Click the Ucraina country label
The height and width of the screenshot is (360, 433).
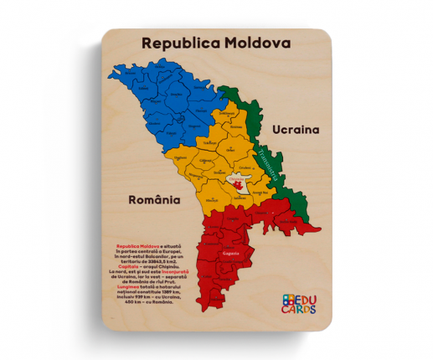pos(296,130)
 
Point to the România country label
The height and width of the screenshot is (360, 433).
pos(154,200)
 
